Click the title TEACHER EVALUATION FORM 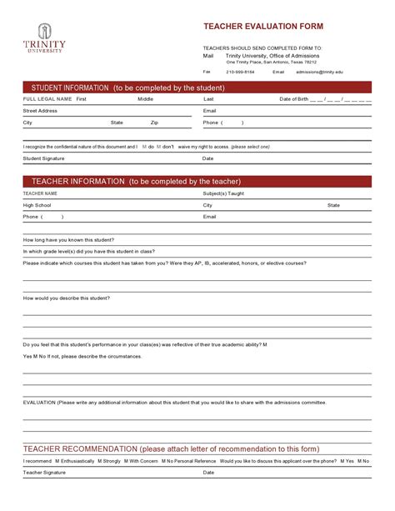pos(262,26)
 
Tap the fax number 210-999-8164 pos(240,72)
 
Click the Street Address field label pos(40,110)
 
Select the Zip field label pos(154,122)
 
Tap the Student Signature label pos(43,158)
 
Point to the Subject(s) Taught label pos(223,193)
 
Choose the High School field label pos(37,204)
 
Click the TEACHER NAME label pos(40,193)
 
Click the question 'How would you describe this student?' pos(67,298)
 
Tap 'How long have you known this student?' pos(68,239)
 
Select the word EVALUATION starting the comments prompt pos(39,402)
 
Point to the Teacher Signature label pos(44,472)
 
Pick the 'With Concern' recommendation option pos(142,461)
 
